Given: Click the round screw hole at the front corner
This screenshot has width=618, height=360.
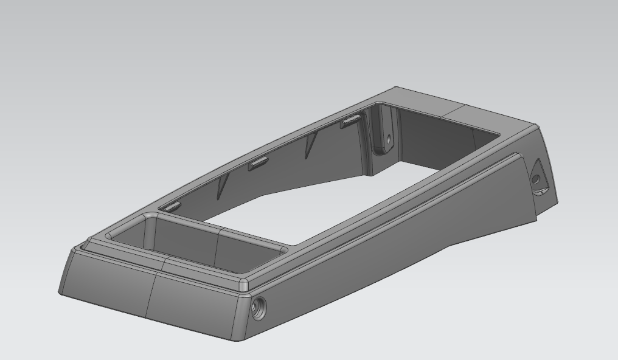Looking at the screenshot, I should click(258, 309).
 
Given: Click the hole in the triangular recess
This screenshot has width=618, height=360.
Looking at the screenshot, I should click(535, 179).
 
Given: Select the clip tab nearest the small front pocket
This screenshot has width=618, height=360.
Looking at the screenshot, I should click(172, 207).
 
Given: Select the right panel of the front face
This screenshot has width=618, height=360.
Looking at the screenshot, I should click(195, 304).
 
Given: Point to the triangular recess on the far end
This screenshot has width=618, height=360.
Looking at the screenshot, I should click(538, 177).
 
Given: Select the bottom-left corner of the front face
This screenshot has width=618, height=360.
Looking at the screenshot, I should click(60, 292).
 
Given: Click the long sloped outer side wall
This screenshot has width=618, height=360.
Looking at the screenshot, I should click(389, 243).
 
